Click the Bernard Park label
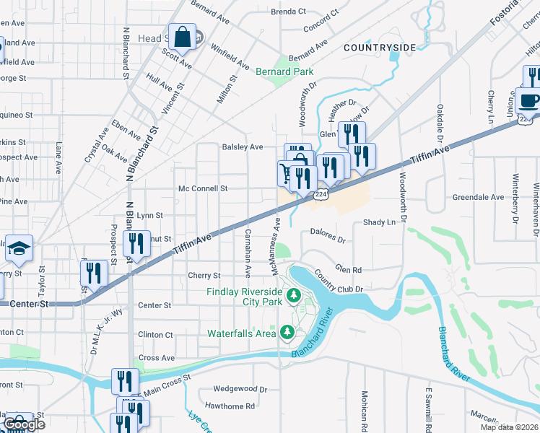[x=284, y=71]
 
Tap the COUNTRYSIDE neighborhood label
[x=380, y=48]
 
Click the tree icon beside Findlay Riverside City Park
[x=294, y=294]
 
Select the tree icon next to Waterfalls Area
[x=287, y=332]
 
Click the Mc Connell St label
[x=203, y=188]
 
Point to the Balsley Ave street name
[x=243, y=146]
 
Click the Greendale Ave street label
[x=478, y=197]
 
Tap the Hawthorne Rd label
[x=230, y=406]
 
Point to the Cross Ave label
[x=157, y=358]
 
